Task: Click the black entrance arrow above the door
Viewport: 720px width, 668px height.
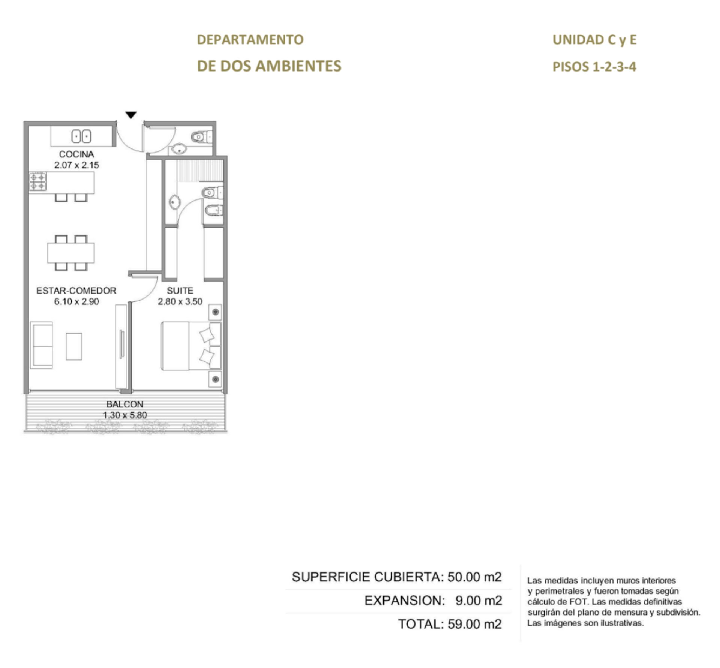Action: [x=131, y=115]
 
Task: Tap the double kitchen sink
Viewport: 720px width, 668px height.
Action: [x=81, y=136]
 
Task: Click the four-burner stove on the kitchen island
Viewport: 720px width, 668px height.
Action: [x=38, y=181]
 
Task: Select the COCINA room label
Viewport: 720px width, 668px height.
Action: [x=76, y=154]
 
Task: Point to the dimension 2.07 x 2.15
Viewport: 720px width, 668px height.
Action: [x=76, y=165]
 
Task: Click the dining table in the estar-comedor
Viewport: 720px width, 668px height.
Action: [x=71, y=253]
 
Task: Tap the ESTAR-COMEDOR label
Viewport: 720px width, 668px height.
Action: [x=76, y=291]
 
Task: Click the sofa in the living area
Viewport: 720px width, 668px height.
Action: [x=41, y=345]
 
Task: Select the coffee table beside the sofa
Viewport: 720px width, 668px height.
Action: [x=74, y=346]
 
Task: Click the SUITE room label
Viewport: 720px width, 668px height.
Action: [x=180, y=291]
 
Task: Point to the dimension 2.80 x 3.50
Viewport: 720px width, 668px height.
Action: [x=180, y=301]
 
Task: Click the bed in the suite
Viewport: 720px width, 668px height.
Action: [x=191, y=346]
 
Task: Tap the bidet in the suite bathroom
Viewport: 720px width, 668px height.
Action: [x=214, y=211]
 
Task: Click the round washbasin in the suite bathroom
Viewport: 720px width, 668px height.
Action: [x=175, y=202]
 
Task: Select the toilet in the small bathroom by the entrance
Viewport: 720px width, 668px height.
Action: [x=202, y=137]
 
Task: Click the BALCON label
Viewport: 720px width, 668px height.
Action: [x=125, y=404]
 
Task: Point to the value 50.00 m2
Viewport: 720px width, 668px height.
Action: [x=474, y=577]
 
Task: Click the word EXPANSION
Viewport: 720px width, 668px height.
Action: [x=405, y=601]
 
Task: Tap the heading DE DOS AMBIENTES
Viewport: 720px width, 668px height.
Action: [x=269, y=66]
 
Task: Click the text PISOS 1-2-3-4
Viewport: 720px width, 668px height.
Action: [x=594, y=67]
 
